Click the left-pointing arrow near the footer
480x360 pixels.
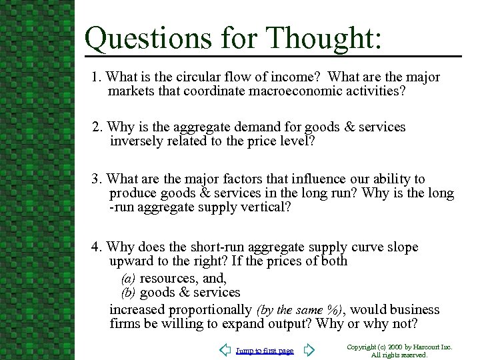click(x=226, y=350)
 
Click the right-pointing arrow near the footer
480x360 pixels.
click(x=309, y=350)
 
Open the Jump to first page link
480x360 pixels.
click(x=265, y=351)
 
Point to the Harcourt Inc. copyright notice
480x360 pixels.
click(x=399, y=351)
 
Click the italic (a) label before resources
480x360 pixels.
click(x=129, y=279)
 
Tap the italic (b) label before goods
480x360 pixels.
click(x=129, y=293)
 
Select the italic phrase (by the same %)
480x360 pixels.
click(x=299, y=310)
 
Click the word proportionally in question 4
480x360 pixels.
click(x=210, y=310)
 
